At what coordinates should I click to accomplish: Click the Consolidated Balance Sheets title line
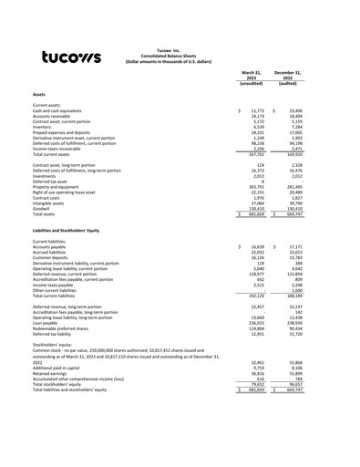coord(180,57)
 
